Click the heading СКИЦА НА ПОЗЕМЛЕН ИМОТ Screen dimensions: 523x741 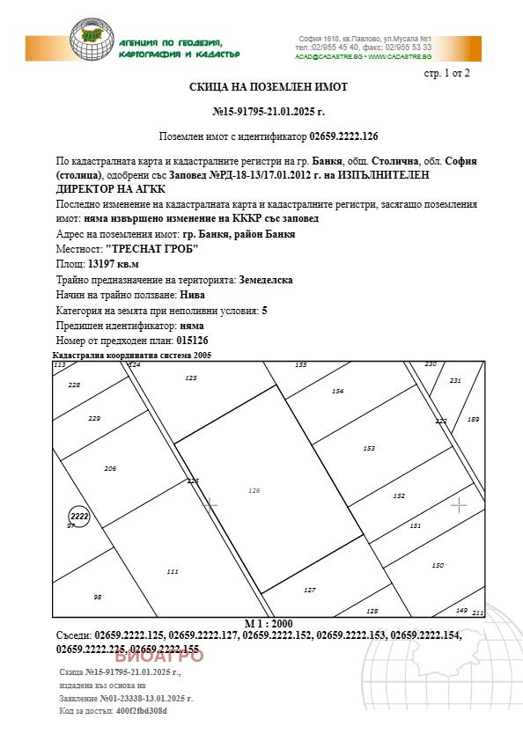[269, 87]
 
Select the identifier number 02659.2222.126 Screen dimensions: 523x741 [343, 137]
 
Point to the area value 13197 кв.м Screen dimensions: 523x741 [114, 263]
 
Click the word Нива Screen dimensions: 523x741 [195, 295]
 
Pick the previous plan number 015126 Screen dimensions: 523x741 [193, 341]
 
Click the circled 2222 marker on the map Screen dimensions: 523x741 [79, 517]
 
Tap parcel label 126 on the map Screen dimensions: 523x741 [254, 490]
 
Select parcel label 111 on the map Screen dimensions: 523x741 [173, 571]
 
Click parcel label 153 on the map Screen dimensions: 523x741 [369, 449]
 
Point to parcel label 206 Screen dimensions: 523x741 [110, 468]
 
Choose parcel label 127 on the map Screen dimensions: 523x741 [309, 590]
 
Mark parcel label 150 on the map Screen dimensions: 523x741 [438, 565]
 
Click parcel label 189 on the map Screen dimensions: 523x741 [473, 420]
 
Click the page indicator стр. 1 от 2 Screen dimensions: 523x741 [447, 72]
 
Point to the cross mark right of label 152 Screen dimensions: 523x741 [459, 504]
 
